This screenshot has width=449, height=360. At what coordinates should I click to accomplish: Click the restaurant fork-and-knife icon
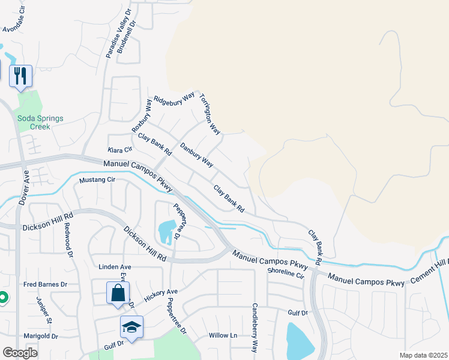pyautogui.click(x=22, y=76)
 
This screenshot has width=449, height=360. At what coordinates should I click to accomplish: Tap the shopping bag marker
pyautogui.click(x=118, y=293)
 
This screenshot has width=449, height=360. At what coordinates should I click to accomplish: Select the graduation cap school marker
pyautogui.click(x=131, y=327)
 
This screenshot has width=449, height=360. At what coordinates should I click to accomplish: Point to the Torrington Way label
pyautogui.click(x=210, y=113)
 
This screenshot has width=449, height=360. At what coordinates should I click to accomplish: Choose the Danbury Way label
pyautogui.click(x=196, y=154)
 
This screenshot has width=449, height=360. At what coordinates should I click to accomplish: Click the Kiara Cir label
pyautogui.click(x=119, y=149)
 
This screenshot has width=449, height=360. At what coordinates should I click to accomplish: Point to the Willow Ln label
pyautogui.click(x=223, y=335)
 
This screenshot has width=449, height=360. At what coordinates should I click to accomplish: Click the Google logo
pyautogui.click(x=20, y=353)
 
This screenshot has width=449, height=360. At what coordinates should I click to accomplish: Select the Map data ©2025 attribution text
pyautogui.click(x=423, y=355)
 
